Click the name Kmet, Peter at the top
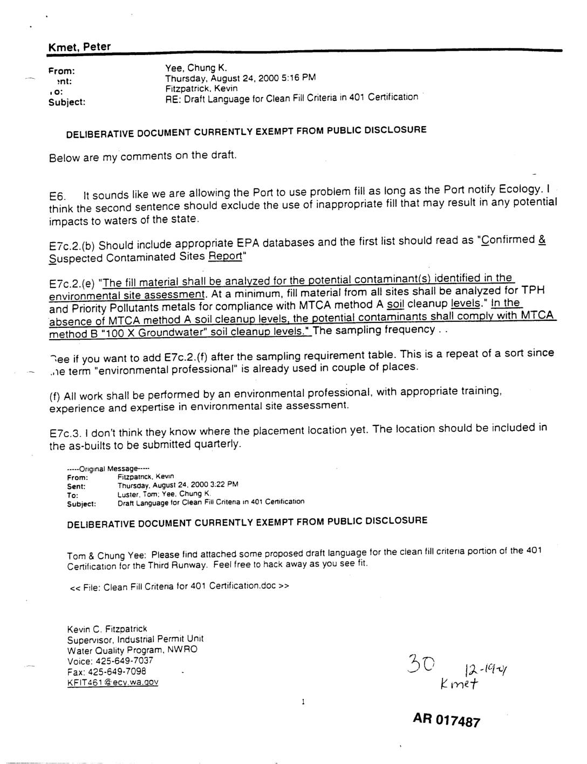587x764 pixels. coord(79,47)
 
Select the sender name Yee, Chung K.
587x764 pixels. coord(196,68)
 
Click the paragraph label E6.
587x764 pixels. coord(57,196)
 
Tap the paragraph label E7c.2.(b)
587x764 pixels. coord(72,246)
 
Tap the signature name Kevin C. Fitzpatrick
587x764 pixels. coord(107,629)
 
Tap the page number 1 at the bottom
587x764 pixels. coord(303,702)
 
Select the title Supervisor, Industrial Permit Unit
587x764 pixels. coord(135,639)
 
